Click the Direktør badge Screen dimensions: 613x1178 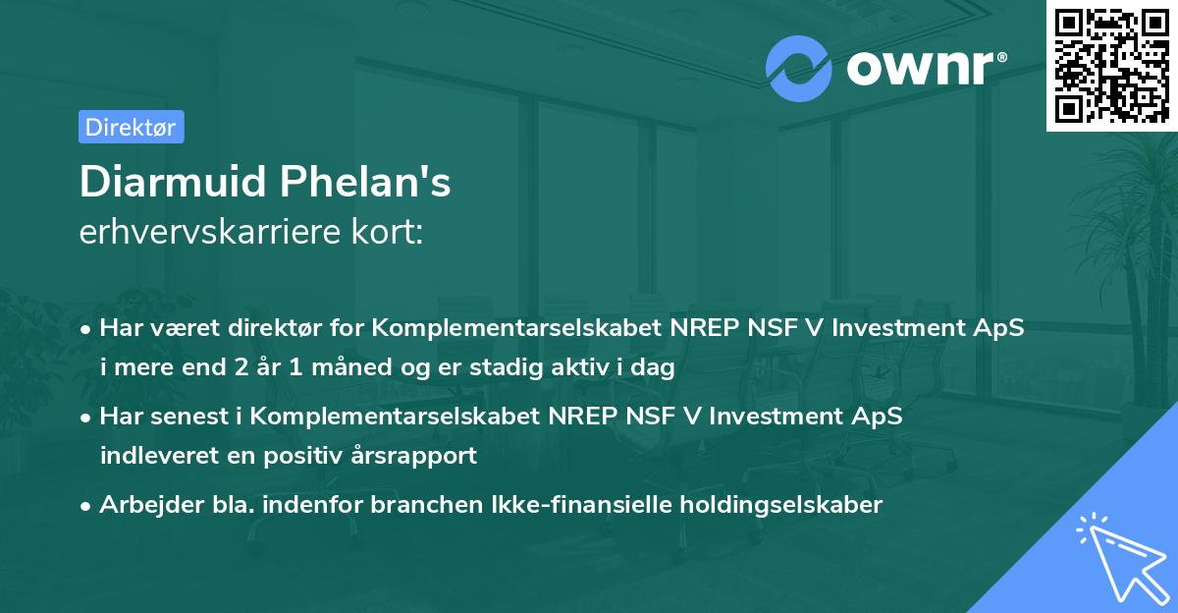point(131,127)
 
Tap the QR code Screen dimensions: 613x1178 point(1111,65)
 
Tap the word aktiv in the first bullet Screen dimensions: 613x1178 point(602,368)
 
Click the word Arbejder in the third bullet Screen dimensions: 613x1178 point(146,505)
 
